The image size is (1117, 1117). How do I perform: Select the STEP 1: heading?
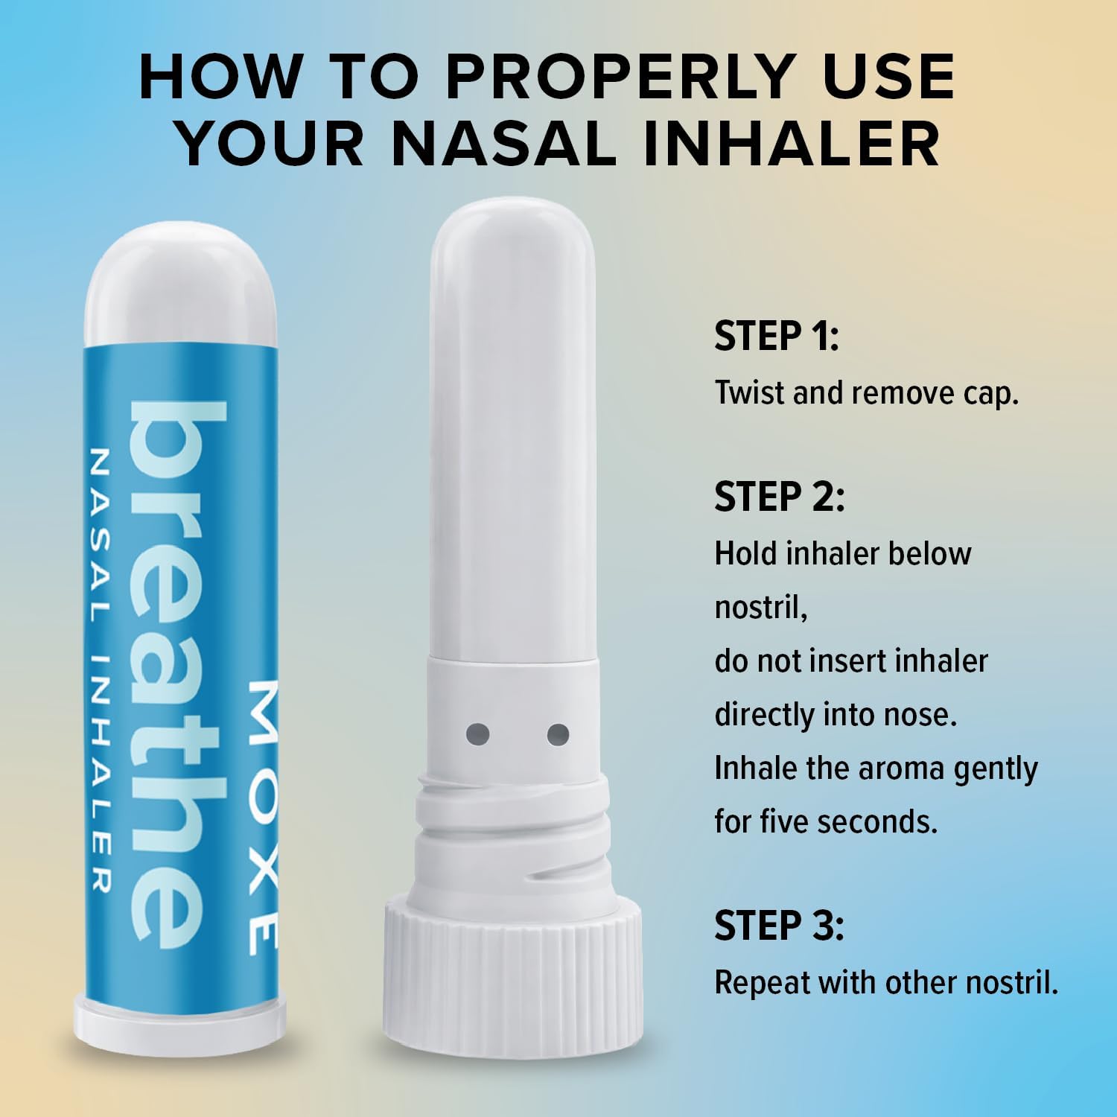click(x=777, y=336)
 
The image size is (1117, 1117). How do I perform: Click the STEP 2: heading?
click(x=780, y=497)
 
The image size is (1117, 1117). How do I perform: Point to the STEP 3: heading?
click(x=780, y=926)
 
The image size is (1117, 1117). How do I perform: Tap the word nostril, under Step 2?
click(x=761, y=608)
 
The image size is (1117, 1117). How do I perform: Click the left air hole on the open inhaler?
click(x=477, y=735)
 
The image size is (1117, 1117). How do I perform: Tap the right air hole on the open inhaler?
click(x=558, y=735)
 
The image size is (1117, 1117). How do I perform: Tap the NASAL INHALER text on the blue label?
click(x=99, y=669)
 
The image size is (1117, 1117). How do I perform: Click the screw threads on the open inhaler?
click(x=513, y=827)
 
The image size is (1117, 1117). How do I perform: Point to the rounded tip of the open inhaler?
click(x=513, y=238)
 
